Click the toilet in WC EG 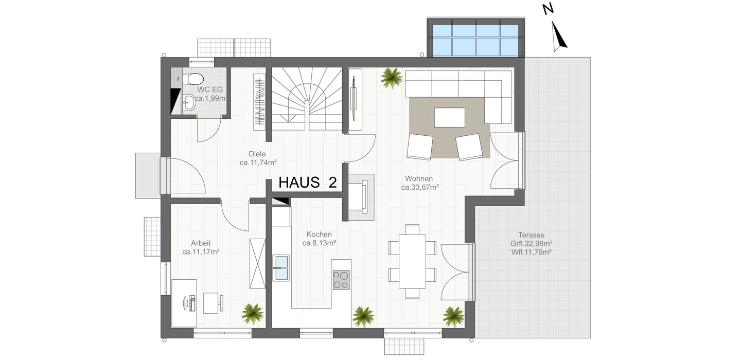coord(193,79)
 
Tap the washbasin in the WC coord(189,102)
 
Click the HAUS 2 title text coord(308,183)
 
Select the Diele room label coord(257,154)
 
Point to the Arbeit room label coord(201,243)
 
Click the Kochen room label coord(319,235)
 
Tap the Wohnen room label coord(419,178)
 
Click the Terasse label coord(531,235)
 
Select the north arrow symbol coord(559,37)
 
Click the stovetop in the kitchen coord(341,280)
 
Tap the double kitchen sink coord(281,268)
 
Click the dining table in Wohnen coord(412,261)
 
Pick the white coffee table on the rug coord(450,117)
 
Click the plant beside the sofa coord(391,78)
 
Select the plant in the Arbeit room coord(253,314)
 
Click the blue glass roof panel coord(475,40)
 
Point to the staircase coord(307,99)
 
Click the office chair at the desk coord(213,303)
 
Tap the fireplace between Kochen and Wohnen coord(361,197)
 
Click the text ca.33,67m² coord(420,187)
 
